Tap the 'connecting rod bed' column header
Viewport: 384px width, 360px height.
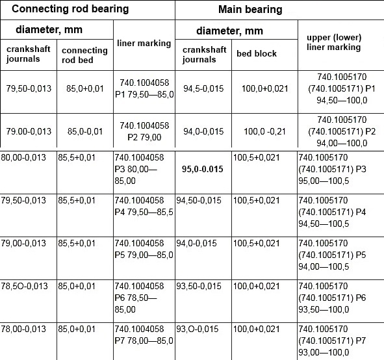pyautogui.click(x=84, y=55)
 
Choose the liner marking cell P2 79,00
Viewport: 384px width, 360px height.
pyautogui.click(x=144, y=131)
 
